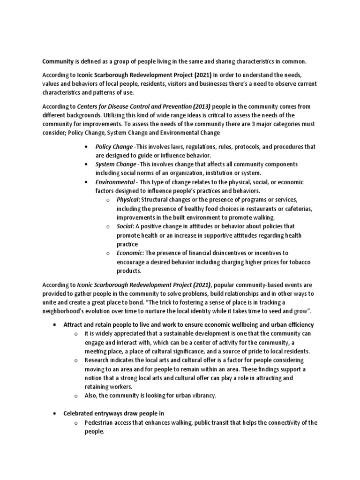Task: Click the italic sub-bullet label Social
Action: (124, 226)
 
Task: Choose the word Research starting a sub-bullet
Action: (98, 360)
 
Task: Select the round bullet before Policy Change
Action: (87, 147)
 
